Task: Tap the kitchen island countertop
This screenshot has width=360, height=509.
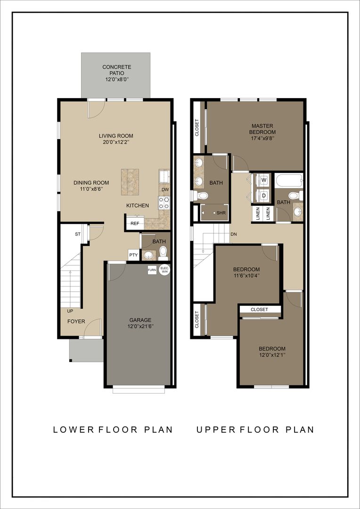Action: pos(131,181)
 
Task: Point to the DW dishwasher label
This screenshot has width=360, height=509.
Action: pos(164,190)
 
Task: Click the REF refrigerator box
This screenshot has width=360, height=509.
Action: pos(135,224)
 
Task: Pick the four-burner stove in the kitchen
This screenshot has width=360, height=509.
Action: pos(164,203)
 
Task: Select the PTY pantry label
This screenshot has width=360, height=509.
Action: pos(133,255)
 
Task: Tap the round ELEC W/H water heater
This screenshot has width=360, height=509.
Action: pos(164,270)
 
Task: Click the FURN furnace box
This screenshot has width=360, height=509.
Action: pos(152,270)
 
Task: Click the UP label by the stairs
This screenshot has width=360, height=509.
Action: pos(70,312)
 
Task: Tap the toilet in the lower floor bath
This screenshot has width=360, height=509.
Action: pos(163,254)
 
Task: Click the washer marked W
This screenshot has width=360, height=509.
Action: pos(263,180)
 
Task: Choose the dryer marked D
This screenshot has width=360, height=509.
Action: pos(263,195)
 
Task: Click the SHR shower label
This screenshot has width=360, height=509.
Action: pos(221,213)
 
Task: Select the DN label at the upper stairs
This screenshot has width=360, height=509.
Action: pos(233,234)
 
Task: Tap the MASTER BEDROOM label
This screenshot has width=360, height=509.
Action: pos(263,129)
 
